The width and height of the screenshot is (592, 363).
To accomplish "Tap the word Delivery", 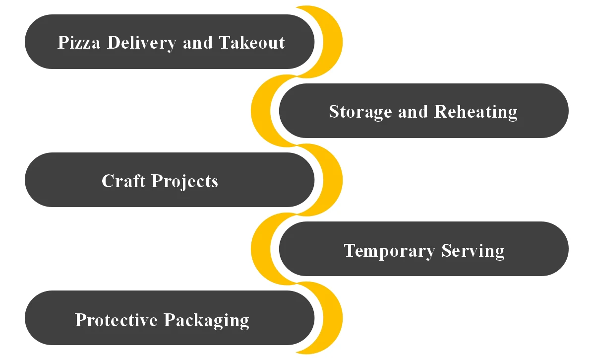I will (x=141, y=43).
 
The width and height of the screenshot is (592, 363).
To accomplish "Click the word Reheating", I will (x=475, y=112).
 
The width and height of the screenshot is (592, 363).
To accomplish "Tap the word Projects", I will (x=185, y=181).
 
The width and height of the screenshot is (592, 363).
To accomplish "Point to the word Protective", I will (x=116, y=320).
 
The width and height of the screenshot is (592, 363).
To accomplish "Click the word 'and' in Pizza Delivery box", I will (x=198, y=43).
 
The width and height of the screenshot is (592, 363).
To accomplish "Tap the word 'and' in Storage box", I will (x=413, y=112).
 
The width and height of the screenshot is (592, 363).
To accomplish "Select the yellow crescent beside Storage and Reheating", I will (x=261, y=111).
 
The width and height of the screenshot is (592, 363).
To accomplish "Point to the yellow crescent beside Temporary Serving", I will (x=261, y=249).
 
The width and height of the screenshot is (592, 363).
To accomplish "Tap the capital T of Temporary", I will (x=350, y=250).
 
